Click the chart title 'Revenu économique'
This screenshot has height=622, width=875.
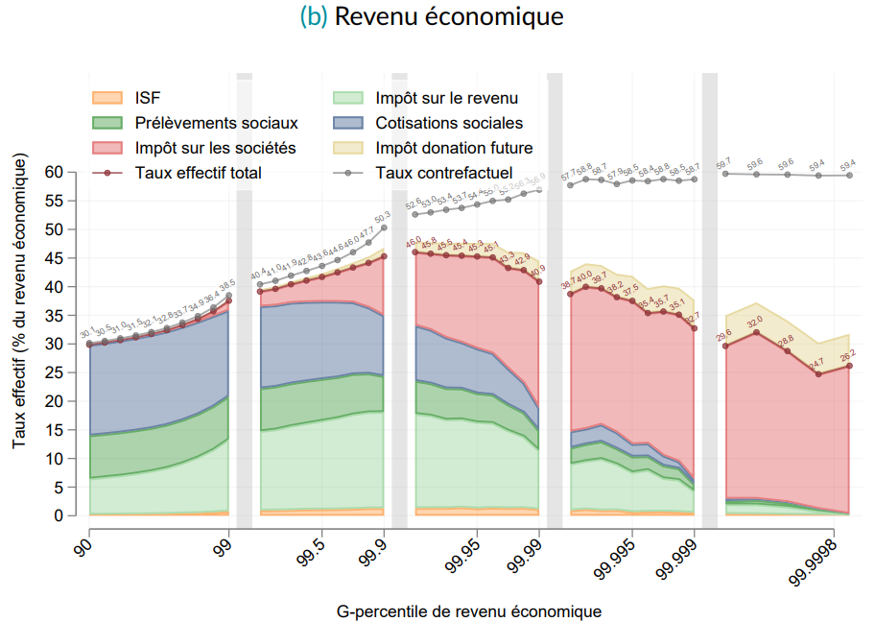coord(449,17)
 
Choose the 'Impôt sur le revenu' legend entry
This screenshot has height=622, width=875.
coord(446,98)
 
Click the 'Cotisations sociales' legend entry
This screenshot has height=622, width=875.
coord(449,123)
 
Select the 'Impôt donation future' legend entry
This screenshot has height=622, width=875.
coord(454,148)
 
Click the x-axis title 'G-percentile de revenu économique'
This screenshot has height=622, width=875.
coord(469,610)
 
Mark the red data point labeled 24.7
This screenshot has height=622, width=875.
coord(818,374)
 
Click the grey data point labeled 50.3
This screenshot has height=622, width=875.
coord(384,227)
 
